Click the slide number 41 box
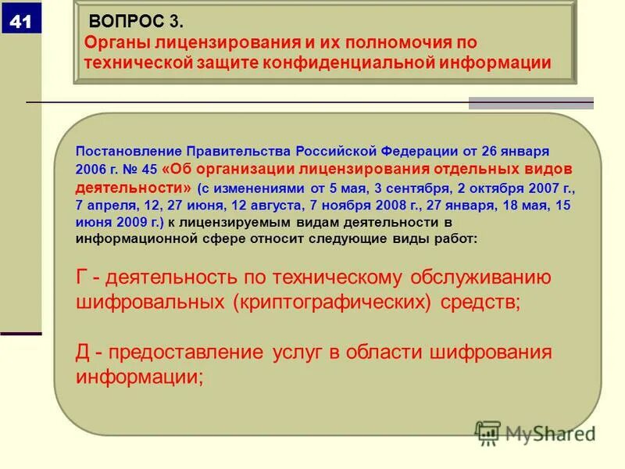pyautogui.click(x=21, y=22)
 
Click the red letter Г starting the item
pyautogui.click(x=82, y=278)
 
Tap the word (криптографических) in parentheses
pyautogui.click(x=331, y=303)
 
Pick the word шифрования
pyautogui.click(x=491, y=353)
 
